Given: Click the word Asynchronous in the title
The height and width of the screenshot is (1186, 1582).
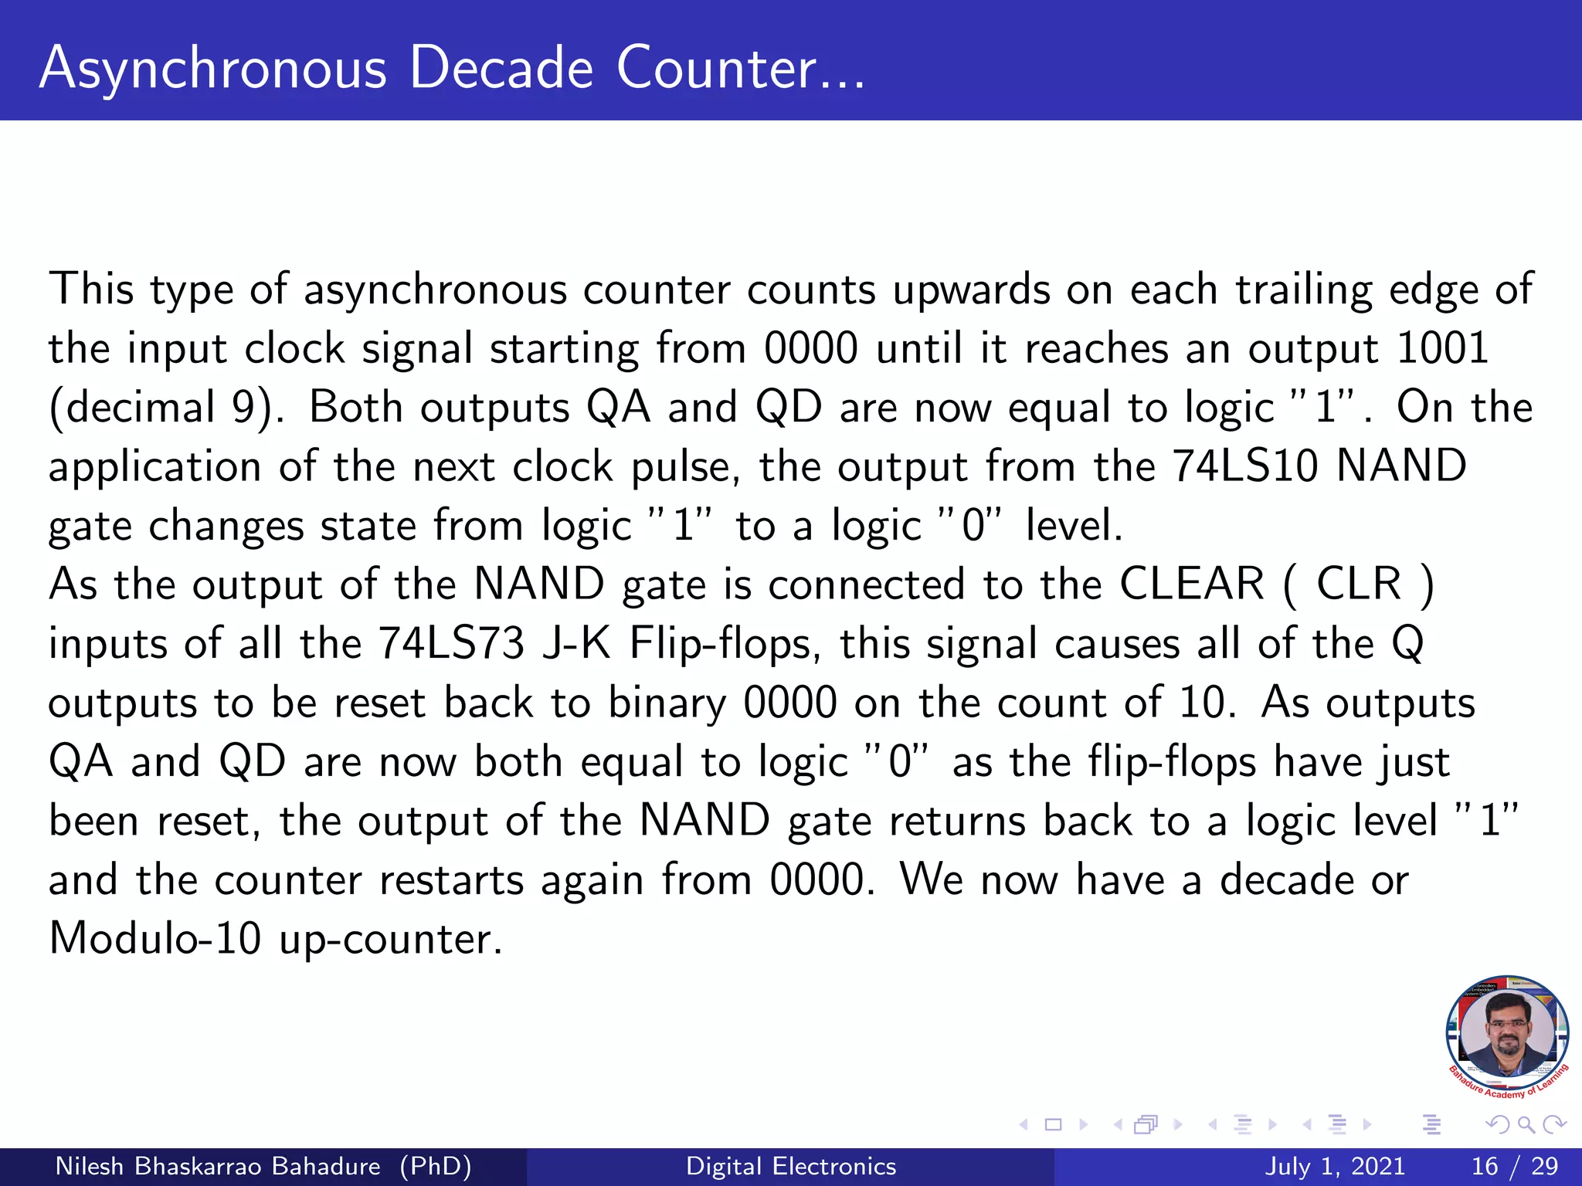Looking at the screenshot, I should click(x=212, y=69).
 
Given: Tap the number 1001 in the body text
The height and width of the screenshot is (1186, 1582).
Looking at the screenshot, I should click(x=1442, y=348).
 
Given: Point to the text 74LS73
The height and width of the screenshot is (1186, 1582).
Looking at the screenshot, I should click(x=451, y=643).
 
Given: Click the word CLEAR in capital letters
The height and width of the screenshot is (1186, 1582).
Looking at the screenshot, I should click(x=1191, y=584).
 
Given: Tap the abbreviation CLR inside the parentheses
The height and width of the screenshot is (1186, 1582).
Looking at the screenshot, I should click(x=1359, y=584).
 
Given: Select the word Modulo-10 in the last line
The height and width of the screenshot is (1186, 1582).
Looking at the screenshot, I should click(x=154, y=939).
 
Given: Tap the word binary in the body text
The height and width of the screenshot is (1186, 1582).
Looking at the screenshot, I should click(x=667, y=704).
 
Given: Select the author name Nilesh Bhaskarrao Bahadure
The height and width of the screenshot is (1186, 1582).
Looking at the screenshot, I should click(x=218, y=1166).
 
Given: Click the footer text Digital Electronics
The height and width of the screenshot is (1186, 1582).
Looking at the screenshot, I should click(x=791, y=1166).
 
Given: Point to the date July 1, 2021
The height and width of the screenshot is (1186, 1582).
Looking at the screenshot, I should click(x=1335, y=1166).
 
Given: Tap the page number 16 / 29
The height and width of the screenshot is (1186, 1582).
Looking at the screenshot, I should click(x=1515, y=1166).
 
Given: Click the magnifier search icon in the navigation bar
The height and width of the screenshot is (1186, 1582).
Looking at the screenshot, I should click(x=1526, y=1125).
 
